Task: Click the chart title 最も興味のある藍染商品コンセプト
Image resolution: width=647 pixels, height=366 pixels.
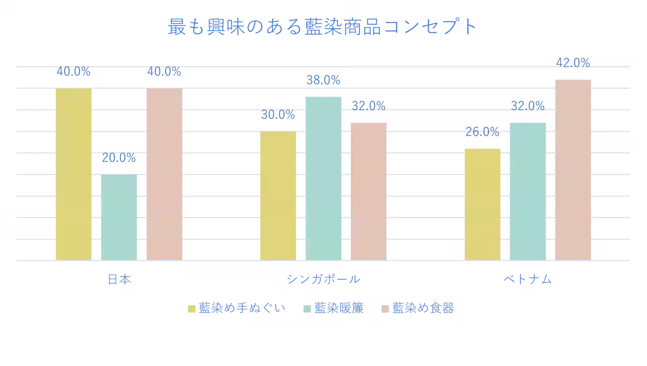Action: coord(322,26)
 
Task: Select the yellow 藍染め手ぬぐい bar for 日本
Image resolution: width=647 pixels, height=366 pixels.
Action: coord(74,174)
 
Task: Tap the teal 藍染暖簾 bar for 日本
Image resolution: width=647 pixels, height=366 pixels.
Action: coord(119,217)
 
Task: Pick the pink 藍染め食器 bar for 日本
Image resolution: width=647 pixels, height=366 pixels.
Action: coord(164,174)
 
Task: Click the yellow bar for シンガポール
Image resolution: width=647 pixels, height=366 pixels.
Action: coord(278,195)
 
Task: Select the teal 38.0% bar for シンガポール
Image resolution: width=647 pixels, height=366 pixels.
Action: coord(323,178)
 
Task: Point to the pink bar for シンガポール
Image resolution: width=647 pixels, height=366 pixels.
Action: coord(369,191)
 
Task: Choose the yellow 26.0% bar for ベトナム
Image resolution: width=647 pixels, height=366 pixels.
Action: coord(483,204)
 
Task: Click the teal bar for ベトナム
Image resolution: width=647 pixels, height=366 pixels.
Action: coord(528,191)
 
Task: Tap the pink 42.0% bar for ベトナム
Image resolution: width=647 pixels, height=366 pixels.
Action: coord(573,170)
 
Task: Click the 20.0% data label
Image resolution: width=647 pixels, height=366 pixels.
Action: coord(119,158)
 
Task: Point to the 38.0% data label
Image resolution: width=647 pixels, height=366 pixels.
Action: coord(323,80)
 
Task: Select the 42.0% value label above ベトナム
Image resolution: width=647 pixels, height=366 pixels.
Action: coord(573,63)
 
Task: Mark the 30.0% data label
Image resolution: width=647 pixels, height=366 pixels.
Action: coord(278,115)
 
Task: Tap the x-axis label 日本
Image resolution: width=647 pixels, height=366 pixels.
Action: coord(119,280)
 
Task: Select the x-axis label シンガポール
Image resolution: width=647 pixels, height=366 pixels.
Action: coord(323,280)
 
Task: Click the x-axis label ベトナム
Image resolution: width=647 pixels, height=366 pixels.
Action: coord(528,280)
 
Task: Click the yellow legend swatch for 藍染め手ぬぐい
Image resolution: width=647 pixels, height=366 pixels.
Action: coord(191,309)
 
